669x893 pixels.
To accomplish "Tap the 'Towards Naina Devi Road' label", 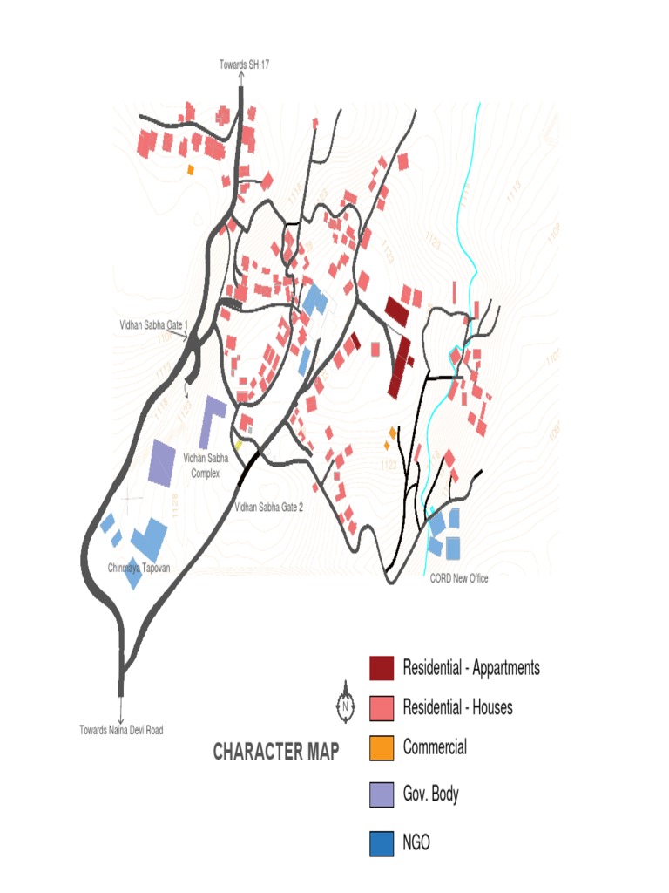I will click(x=121, y=730).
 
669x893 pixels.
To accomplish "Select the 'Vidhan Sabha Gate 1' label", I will click(x=153, y=324).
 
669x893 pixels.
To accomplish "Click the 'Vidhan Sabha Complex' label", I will click(x=206, y=466).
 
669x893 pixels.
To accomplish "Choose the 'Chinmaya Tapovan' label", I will click(x=139, y=568).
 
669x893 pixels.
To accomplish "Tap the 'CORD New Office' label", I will click(x=459, y=577).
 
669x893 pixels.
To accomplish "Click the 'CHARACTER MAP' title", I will click(x=275, y=752).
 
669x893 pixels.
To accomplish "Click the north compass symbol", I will click(x=346, y=703).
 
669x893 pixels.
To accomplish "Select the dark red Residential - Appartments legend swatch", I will click(x=381, y=668).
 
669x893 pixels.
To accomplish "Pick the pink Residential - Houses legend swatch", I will click(x=381, y=707).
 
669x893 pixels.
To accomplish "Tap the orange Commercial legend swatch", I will click(x=381, y=747).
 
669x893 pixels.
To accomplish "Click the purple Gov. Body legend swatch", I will click(x=381, y=794).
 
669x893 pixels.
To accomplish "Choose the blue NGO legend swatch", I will click(x=381, y=843).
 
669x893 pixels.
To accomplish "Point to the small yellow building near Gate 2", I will click(x=238, y=445).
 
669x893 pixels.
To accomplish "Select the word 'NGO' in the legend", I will click(x=416, y=843).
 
